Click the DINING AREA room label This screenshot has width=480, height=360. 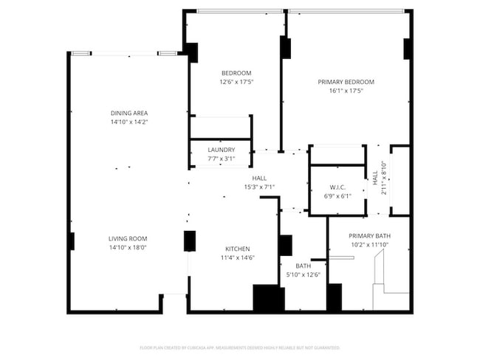coord(129,113)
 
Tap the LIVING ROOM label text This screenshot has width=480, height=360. coord(128,238)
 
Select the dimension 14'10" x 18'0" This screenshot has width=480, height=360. coord(128,248)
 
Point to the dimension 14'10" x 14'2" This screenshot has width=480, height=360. coord(129,122)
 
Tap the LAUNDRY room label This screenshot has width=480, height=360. coord(222,150)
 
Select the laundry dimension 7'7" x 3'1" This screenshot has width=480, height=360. coord(222,159)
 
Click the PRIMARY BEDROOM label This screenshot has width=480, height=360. coord(346,82)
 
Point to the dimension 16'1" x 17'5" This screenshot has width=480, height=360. coord(346,91)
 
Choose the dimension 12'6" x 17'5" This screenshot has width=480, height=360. coord(236,82)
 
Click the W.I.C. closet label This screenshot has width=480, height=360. coord(338,187)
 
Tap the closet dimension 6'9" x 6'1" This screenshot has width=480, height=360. coord(338,195)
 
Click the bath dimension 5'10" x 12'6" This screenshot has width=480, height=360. coord(303,275)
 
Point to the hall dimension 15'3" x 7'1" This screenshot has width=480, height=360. coord(259,187)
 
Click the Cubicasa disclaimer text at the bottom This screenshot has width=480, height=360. coord(239,347)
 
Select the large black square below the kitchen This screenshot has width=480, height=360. coord(269,298)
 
